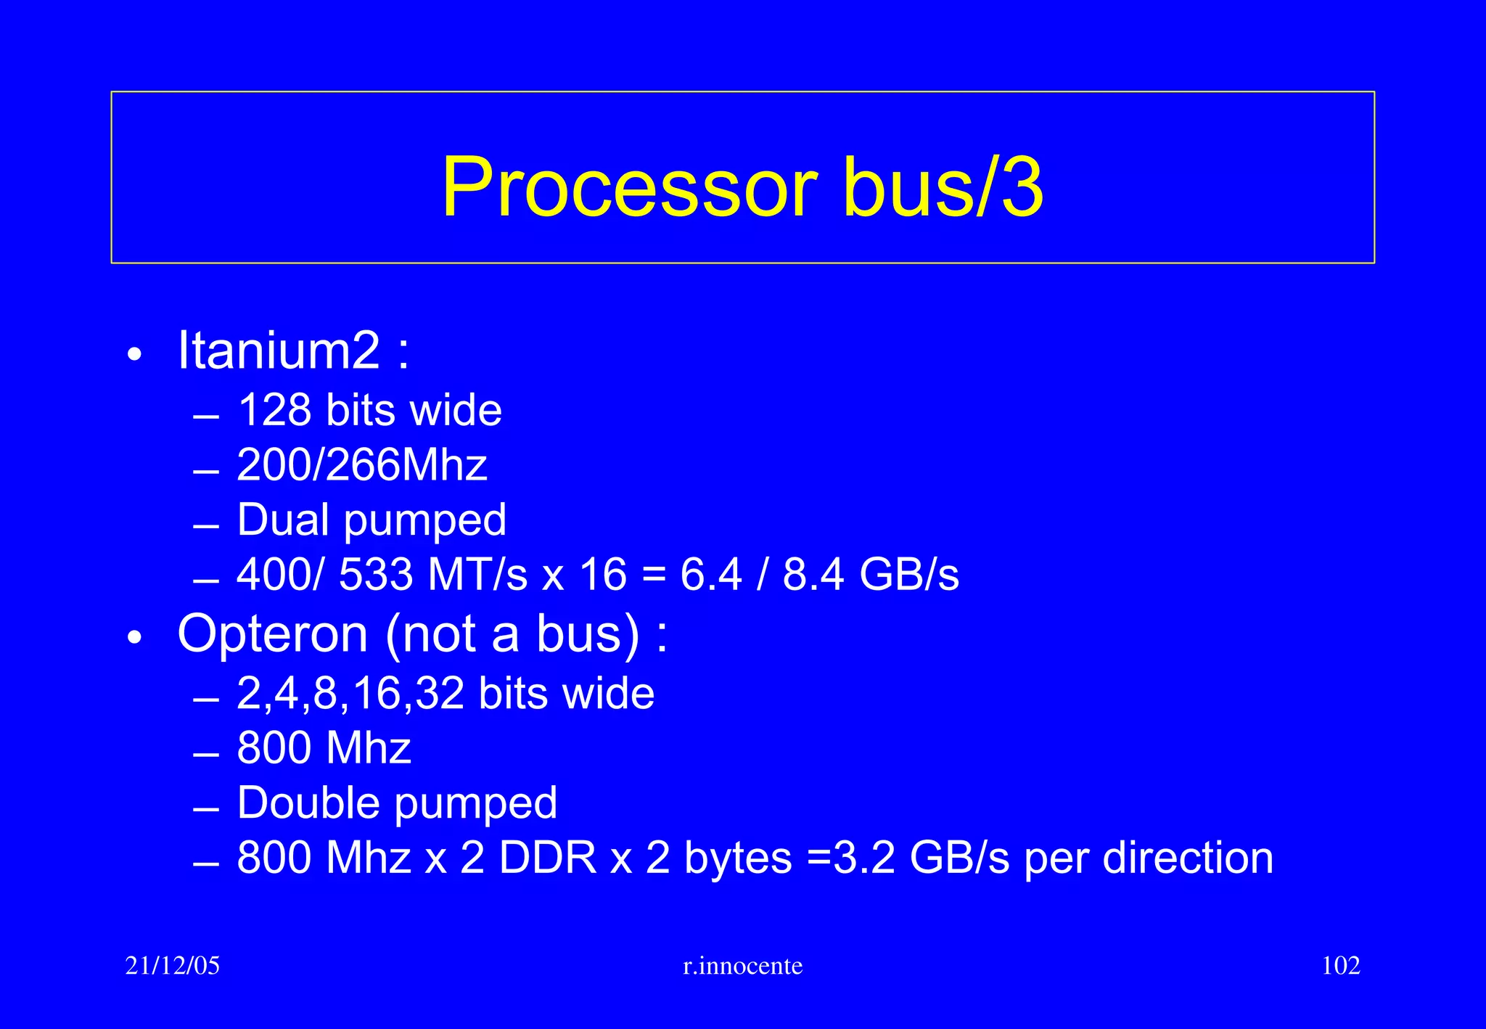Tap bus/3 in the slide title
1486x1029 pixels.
pyautogui.click(x=943, y=187)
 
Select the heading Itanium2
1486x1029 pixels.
pyautogui.click(x=279, y=351)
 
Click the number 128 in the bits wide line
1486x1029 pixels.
pyautogui.click(x=275, y=411)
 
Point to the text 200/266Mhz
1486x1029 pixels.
pyautogui.click(x=362, y=465)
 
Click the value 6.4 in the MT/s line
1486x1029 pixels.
pyautogui.click(x=711, y=575)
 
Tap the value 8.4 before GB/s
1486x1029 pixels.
pyautogui.click(x=813, y=575)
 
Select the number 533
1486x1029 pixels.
pyautogui.click(x=376, y=575)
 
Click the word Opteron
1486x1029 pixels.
pyautogui.click(x=273, y=634)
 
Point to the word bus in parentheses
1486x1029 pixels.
pyautogui.click(x=579, y=634)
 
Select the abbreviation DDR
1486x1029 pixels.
pyautogui.click(x=548, y=858)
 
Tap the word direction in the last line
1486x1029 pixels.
pyautogui.click(x=1188, y=858)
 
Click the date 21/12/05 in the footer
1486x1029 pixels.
pyautogui.click(x=173, y=966)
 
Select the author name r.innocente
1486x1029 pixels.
pyautogui.click(x=743, y=966)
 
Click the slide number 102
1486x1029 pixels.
pyautogui.click(x=1341, y=966)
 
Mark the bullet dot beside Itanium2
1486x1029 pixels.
pyautogui.click(x=135, y=355)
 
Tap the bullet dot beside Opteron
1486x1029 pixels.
pyautogui.click(x=135, y=638)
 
